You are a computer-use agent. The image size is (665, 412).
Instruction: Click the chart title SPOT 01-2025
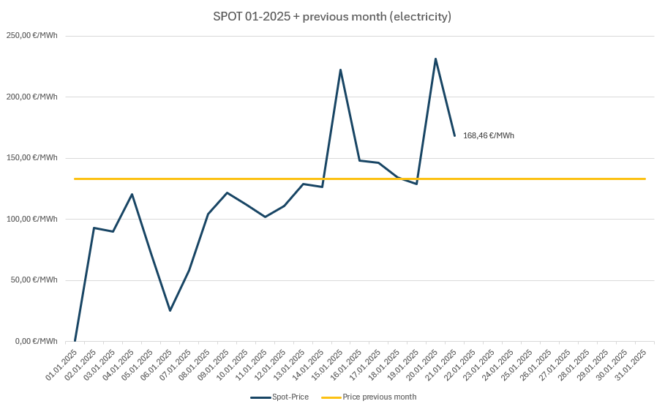(x=331, y=16)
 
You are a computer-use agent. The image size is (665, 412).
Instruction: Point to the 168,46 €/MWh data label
(x=488, y=135)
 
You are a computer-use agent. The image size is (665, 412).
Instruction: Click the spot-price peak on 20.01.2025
(x=435, y=59)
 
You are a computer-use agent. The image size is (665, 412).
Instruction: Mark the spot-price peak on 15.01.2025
(x=340, y=70)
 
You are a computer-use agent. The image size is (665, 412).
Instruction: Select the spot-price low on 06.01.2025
(x=170, y=311)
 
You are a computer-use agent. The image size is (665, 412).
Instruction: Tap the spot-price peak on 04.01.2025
(x=132, y=194)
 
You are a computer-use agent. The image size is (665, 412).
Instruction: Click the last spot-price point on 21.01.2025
(x=454, y=135)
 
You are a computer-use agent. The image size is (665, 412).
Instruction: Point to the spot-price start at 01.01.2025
(x=75, y=341)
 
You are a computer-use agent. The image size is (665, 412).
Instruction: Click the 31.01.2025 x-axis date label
(x=633, y=364)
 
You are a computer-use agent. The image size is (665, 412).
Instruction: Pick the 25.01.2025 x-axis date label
(x=519, y=364)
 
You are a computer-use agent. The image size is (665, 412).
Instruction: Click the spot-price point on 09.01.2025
(x=227, y=192)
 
